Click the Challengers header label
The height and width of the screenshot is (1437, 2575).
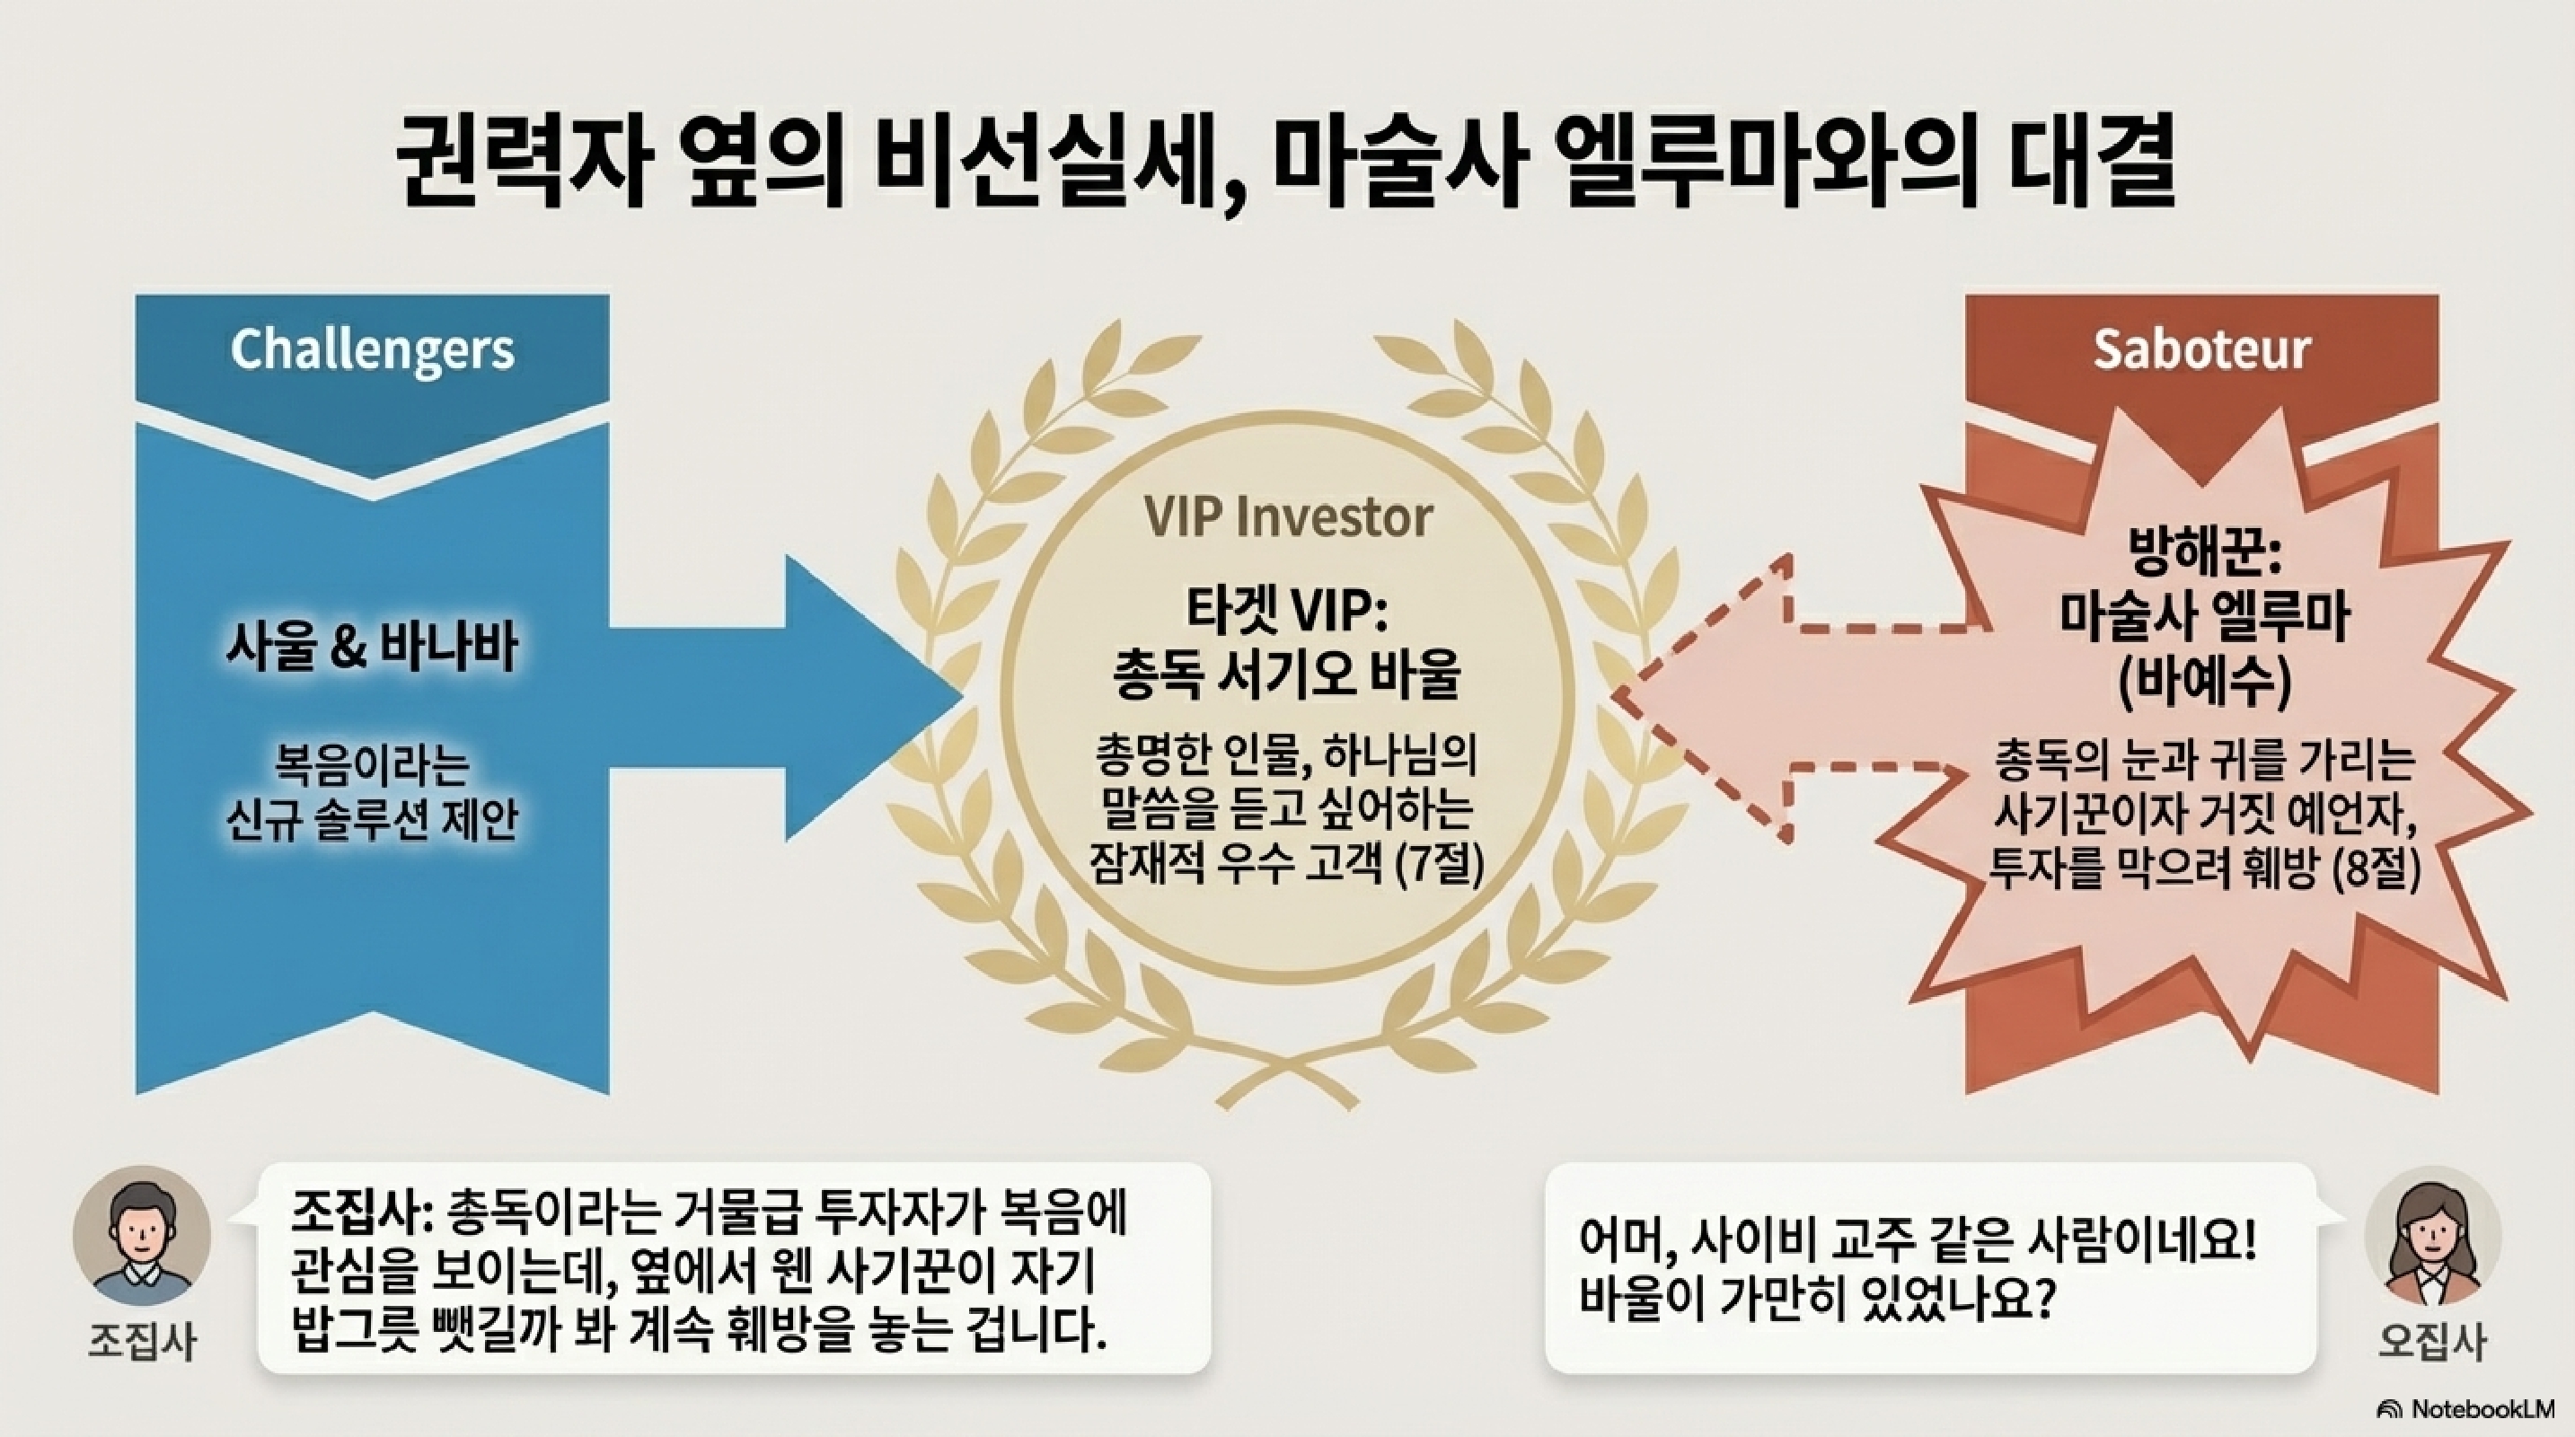pos(372,349)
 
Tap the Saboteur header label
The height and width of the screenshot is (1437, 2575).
pos(2201,349)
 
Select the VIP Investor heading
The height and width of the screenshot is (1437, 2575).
pos(1288,517)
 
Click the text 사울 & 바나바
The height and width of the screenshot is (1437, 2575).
pos(372,647)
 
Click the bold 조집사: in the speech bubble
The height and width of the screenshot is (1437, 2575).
pos(361,1215)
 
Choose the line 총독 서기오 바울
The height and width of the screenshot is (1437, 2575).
pos(1288,675)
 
